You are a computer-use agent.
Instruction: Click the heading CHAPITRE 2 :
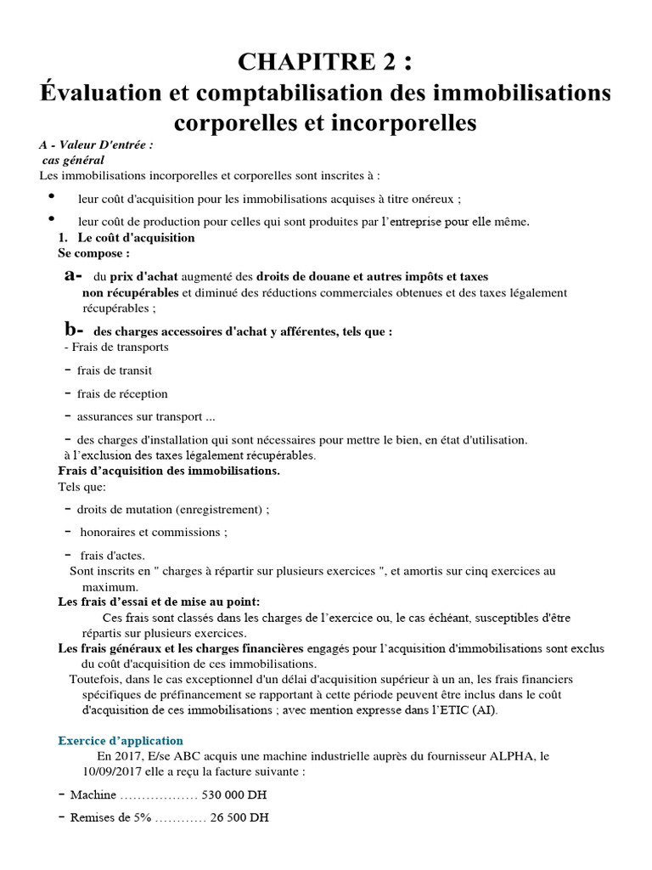(327, 62)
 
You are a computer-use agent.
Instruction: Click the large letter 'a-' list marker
(73, 275)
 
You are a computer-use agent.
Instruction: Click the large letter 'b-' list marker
(74, 330)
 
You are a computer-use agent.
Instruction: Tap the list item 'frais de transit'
(114, 370)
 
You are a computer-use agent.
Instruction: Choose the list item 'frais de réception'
(121, 393)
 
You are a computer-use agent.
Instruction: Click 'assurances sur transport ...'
(140, 416)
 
